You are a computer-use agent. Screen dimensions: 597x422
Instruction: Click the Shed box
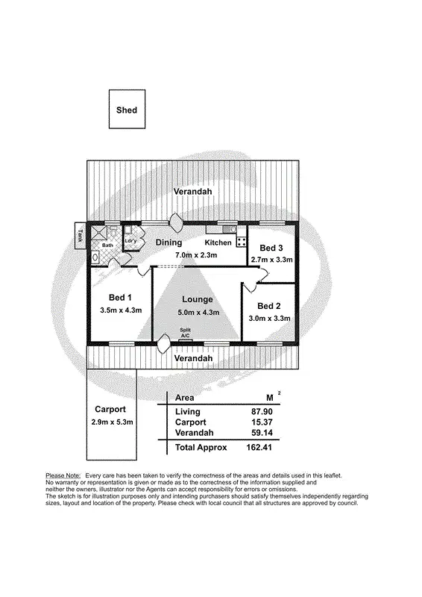(x=127, y=110)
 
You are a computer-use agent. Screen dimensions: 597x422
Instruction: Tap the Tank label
(x=80, y=236)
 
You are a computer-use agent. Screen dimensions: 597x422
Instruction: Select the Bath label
(x=107, y=245)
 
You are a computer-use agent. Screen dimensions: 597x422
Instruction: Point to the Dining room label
(x=169, y=243)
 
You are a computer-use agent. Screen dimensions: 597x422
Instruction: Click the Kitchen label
(x=218, y=243)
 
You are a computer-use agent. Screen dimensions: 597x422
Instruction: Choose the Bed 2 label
(x=269, y=306)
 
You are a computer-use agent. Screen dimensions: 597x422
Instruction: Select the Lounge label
(x=197, y=299)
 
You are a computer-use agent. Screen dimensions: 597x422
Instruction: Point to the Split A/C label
(x=185, y=332)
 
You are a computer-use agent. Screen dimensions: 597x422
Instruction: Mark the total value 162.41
(x=261, y=448)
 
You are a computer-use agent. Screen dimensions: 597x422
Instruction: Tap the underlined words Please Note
(x=63, y=475)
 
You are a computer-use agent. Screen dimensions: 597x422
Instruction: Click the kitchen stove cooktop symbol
(x=242, y=240)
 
